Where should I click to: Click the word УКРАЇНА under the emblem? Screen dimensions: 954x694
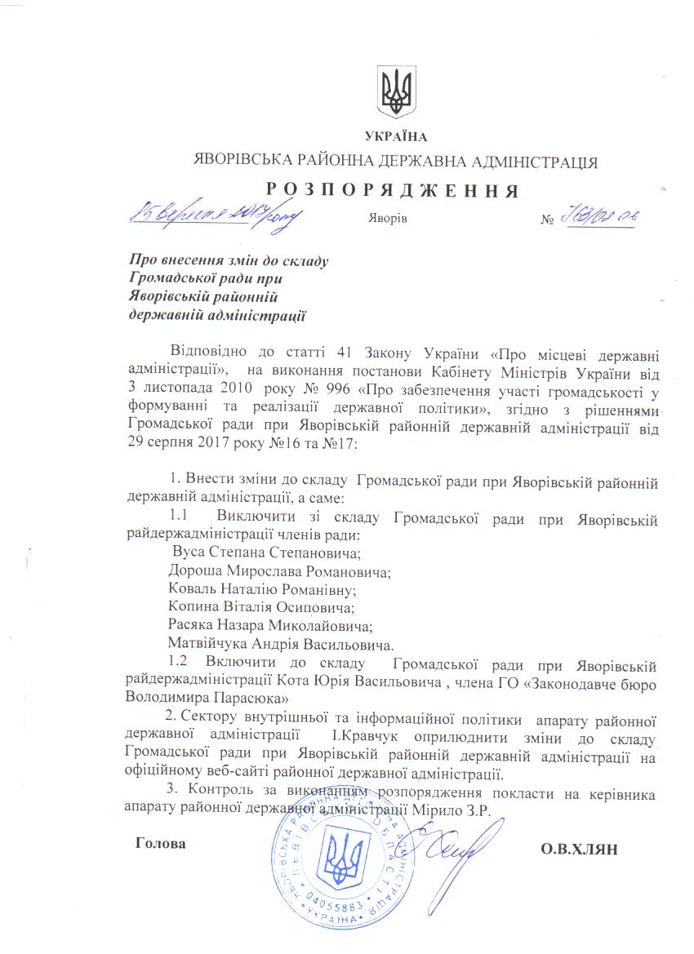click(x=397, y=136)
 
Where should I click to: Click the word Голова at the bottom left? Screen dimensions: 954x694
click(x=160, y=843)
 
